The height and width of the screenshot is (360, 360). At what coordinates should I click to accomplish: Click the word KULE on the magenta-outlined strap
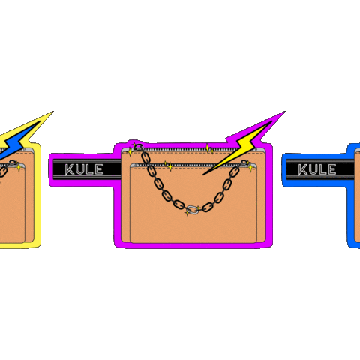coord(83,169)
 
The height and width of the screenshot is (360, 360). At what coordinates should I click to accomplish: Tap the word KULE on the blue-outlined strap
coord(316,169)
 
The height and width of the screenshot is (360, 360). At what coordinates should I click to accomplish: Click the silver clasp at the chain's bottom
coord(193,211)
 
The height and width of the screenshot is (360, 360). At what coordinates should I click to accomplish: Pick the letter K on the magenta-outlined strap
coord(70,169)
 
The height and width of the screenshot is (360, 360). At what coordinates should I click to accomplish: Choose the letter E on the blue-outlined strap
coord(331,169)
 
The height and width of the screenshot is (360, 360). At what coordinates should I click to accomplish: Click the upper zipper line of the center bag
coord(195,153)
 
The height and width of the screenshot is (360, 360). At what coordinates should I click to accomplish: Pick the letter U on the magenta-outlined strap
coord(79,169)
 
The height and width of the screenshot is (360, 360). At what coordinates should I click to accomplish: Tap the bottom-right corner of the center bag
coord(264,241)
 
